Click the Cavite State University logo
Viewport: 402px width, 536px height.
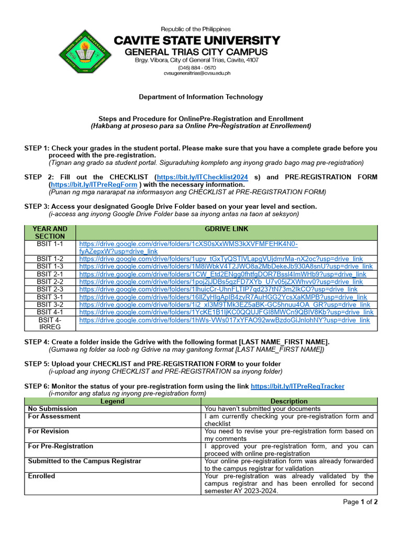pos(84,52)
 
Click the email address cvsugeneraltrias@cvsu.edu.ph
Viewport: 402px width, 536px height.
pos(196,74)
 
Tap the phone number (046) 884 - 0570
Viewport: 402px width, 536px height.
pos(196,68)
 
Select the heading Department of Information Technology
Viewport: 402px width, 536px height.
pos(200,97)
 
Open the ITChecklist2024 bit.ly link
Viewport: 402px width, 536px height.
pos(203,177)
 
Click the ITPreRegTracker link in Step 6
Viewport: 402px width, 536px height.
pos(297,386)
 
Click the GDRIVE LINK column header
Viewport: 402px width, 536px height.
pos(226,229)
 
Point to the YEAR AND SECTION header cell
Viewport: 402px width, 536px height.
pos(50,232)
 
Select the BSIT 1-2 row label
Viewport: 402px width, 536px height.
pos(50,259)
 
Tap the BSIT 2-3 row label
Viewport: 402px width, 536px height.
pos(50,289)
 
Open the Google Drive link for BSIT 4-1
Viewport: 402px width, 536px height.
pos(226,312)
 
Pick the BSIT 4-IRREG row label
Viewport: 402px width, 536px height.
pos(50,323)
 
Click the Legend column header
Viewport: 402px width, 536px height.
pos(113,401)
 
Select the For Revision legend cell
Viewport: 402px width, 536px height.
pos(49,431)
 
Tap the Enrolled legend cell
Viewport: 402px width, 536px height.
pos(41,476)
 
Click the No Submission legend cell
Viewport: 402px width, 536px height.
pos(52,409)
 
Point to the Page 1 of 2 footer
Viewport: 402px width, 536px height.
pos(360,502)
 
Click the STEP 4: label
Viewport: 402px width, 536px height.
pos(37,342)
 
